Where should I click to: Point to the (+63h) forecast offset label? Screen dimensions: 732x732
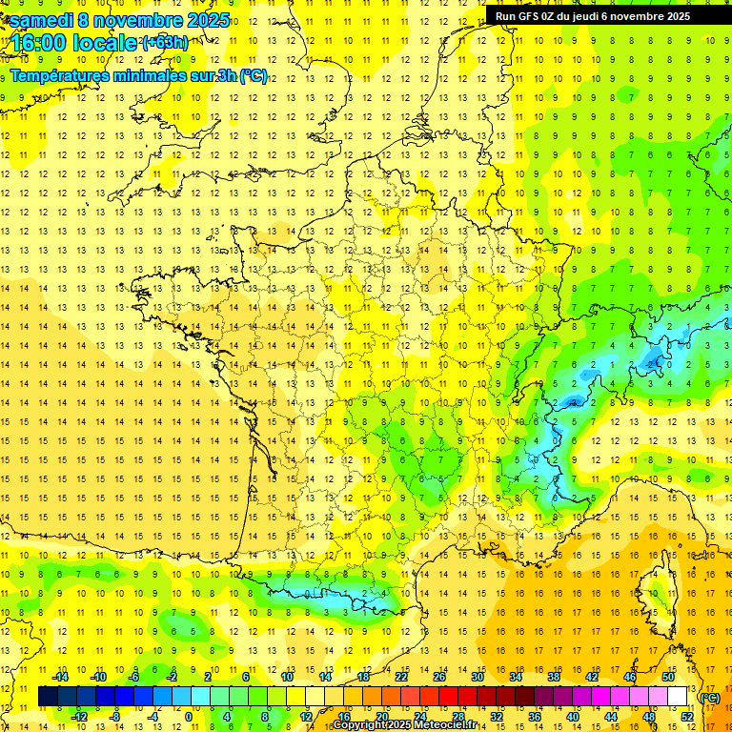click(x=164, y=42)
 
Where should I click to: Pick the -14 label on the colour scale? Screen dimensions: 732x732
click(x=61, y=677)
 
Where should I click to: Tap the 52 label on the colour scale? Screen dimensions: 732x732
click(x=686, y=716)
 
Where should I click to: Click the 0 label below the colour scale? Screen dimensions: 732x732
click(x=188, y=716)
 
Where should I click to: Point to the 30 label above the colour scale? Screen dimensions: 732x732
click(x=478, y=677)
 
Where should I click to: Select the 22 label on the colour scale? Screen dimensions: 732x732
click(x=401, y=677)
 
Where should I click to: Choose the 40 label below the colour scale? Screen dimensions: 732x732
click(x=572, y=716)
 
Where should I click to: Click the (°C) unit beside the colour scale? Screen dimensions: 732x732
click(x=709, y=697)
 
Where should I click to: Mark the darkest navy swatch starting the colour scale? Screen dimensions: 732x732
click(x=48, y=697)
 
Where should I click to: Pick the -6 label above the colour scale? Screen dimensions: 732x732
click(x=134, y=677)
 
